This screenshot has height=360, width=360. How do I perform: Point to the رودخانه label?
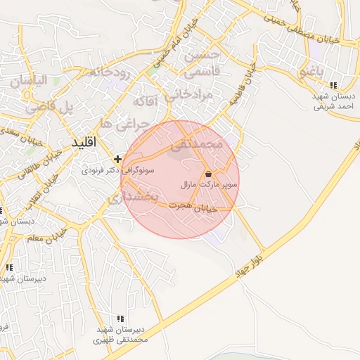pos(108,72)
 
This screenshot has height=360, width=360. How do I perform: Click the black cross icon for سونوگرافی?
pos(117,158)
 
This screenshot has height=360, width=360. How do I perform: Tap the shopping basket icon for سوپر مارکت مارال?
pos(208,173)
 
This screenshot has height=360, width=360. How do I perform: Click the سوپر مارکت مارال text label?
pos(210,184)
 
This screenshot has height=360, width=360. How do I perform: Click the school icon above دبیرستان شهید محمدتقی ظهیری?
pos(121,319)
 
